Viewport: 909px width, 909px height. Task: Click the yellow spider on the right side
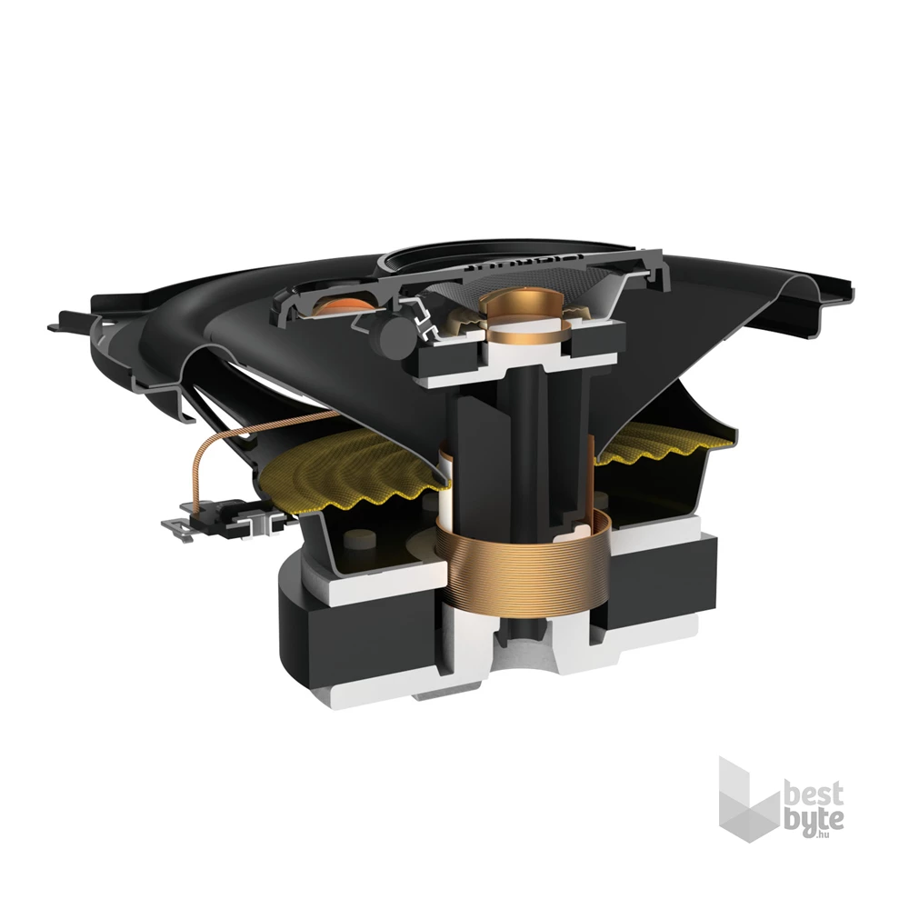click(664, 441)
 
